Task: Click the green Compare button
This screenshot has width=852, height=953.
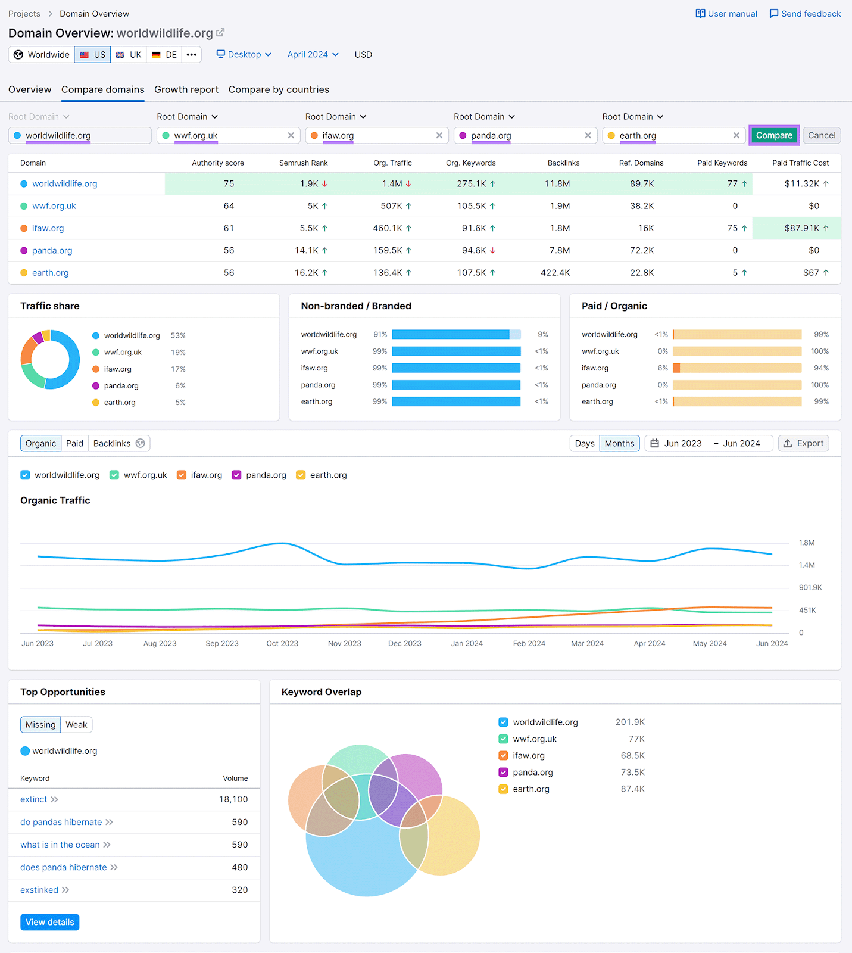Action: coord(773,135)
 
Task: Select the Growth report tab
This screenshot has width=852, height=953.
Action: coord(186,89)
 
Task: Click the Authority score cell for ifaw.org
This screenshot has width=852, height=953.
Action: coord(229,228)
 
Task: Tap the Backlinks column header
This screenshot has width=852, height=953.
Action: coord(563,163)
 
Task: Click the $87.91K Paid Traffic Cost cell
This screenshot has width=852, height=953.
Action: coord(801,228)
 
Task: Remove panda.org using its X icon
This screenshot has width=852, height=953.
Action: coord(588,135)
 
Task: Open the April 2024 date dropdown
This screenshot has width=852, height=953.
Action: coord(313,54)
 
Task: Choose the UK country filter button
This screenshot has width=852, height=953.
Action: coord(129,55)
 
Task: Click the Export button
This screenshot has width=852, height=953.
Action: coord(803,443)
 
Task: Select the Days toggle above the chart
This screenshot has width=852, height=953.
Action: coord(584,443)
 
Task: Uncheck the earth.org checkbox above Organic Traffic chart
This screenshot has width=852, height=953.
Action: coord(301,475)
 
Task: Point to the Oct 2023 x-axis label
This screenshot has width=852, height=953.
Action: coord(282,643)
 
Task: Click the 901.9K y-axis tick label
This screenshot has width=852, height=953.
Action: coord(810,587)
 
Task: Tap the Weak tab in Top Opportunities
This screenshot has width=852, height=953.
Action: coord(76,724)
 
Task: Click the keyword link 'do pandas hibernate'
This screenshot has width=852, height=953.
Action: coord(61,822)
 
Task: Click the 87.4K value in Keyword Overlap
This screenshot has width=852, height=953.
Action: coord(632,789)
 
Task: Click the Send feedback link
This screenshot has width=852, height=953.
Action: coord(805,14)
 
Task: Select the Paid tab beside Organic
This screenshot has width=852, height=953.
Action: coord(74,443)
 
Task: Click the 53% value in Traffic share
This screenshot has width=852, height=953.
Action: coord(178,335)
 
